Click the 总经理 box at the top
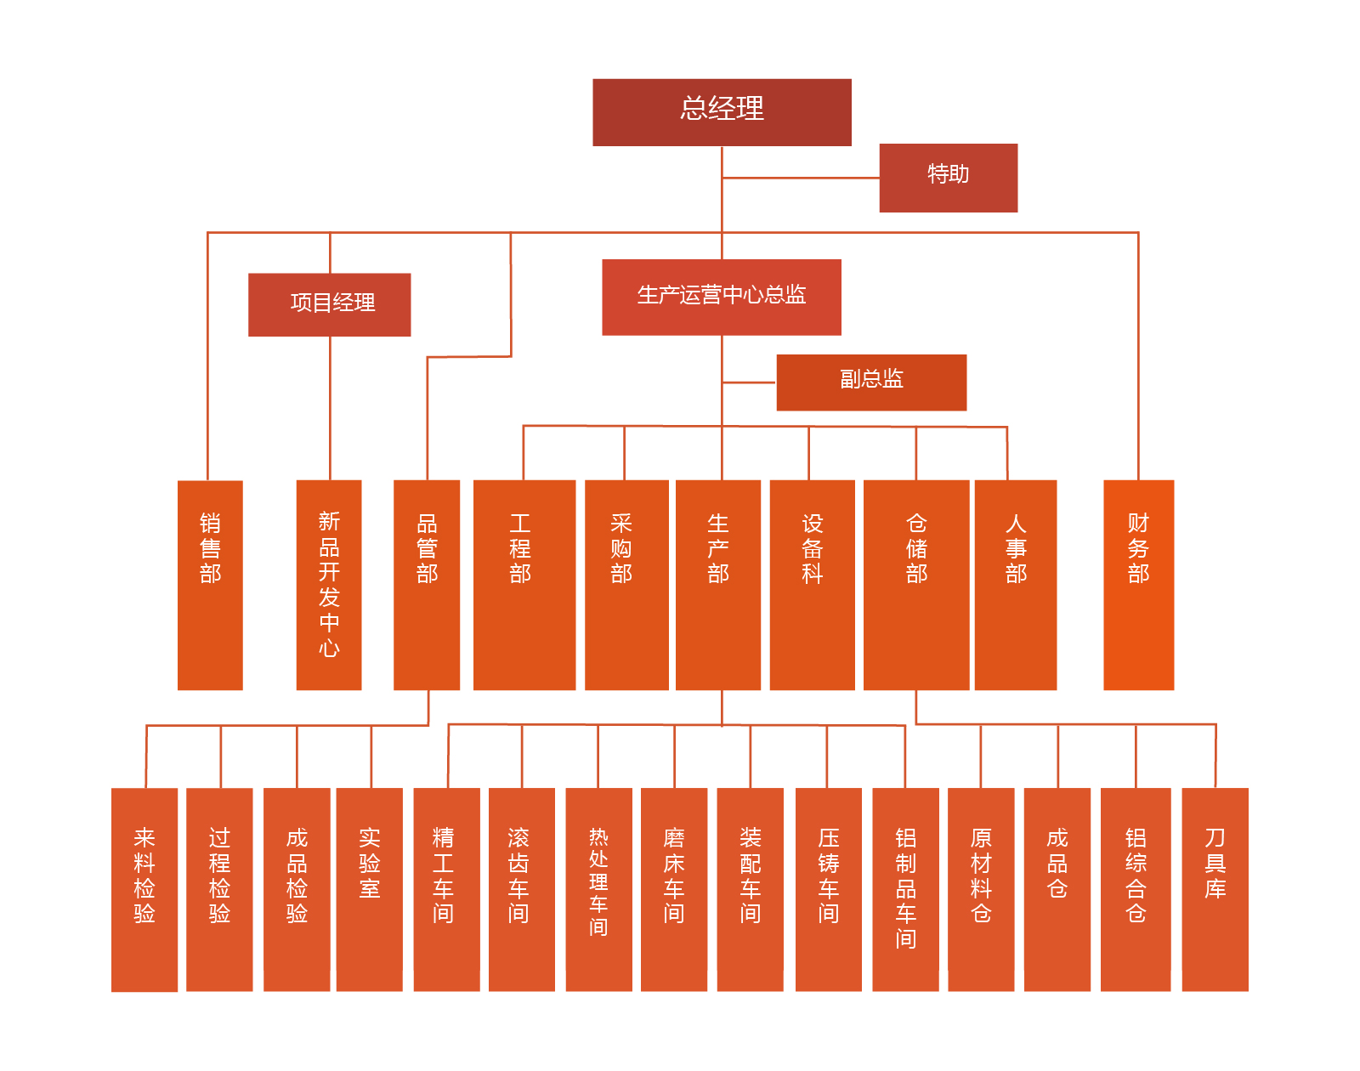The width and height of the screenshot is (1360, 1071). (722, 112)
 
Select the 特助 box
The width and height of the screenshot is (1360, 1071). (948, 178)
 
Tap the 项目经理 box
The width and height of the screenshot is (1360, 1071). (329, 304)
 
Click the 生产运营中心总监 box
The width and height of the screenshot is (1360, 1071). (721, 297)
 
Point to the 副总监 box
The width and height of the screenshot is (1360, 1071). (871, 382)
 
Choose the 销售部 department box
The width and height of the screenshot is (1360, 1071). (210, 585)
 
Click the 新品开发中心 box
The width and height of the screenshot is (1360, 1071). (329, 585)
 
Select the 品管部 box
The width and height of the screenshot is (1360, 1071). (427, 585)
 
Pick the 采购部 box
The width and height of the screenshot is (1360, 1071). (626, 585)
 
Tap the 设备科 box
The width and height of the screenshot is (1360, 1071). (812, 585)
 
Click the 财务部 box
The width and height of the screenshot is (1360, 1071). (1138, 585)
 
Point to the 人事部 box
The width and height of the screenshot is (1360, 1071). (1016, 585)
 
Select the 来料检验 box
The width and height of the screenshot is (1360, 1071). (144, 889)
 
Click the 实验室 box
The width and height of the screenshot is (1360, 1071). (369, 889)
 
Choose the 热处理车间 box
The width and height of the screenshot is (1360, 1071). (598, 889)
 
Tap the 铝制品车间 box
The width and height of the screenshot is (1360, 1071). (905, 889)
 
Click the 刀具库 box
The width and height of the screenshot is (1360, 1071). (1215, 889)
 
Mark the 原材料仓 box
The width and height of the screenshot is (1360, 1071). (981, 889)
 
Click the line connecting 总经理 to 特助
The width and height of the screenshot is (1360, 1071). (799, 178)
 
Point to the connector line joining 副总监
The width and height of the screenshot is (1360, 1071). (749, 382)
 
